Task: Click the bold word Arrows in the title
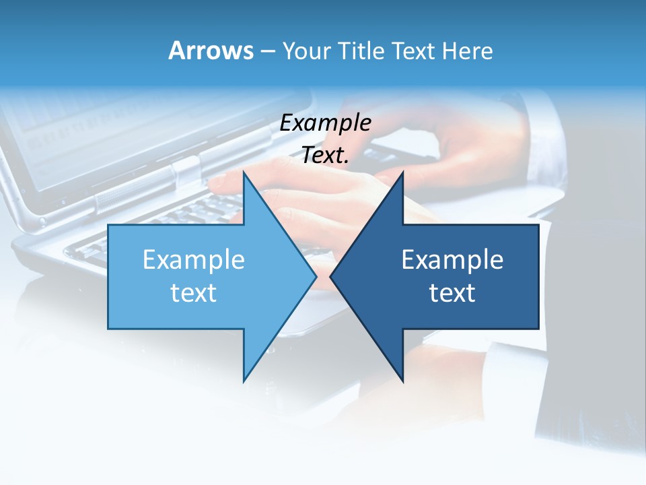click(211, 51)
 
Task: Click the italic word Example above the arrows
click(326, 123)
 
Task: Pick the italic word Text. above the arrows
click(326, 155)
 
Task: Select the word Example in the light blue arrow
click(194, 259)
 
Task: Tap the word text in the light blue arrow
click(194, 293)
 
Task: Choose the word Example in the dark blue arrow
click(452, 259)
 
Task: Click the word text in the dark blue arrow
click(452, 293)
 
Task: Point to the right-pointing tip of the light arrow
click(316, 276)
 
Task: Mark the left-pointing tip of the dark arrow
click(330, 276)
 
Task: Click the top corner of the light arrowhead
click(244, 172)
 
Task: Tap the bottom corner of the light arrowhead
click(244, 381)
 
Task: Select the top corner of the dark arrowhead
click(403, 172)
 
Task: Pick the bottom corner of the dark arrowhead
click(403, 381)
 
